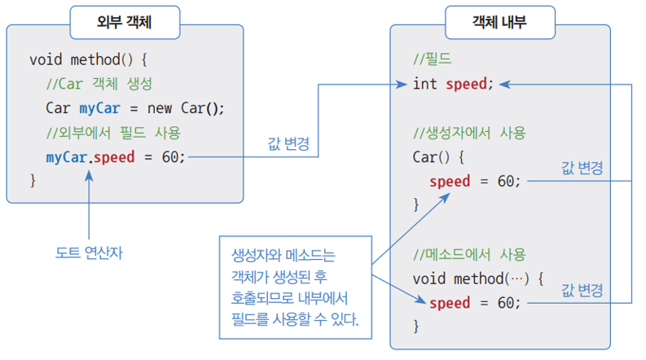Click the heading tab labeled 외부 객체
(x=124, y=23)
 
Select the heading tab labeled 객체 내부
(x=499, y=23)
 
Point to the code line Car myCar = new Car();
(x=135, y=108)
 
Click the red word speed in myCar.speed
(x=113, y=156)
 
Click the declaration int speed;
(x=453, y=84)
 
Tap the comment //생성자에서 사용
(x=469, y=132)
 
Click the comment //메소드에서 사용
(x=469, y=253)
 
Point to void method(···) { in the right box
(x=477, y=279)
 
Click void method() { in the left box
(x=89, y=60)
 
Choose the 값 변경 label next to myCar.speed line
(x=288, y=143)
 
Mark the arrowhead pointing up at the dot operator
(x=89, y=173)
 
